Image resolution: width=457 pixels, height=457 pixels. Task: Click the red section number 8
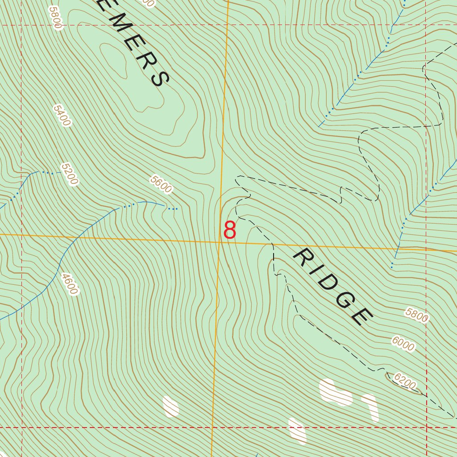pos(229,230)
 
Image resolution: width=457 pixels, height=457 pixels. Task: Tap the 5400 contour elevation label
pos(62,115)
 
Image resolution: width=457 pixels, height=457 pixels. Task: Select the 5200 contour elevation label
pos(70,174)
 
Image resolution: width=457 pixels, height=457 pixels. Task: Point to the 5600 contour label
pos(161,184)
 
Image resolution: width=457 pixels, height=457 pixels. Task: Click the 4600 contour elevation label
pos(70,284)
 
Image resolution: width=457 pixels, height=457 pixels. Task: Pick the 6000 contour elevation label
pos(403,344)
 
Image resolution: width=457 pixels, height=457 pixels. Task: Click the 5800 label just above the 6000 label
pos(417,315)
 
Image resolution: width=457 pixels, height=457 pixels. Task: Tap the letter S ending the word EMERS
pos(160,79)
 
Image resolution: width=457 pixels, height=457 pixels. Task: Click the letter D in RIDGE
pos(324,281)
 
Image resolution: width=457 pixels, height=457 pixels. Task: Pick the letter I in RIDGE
pos(312,269)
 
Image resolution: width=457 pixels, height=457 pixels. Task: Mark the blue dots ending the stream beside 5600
pos(173,208)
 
